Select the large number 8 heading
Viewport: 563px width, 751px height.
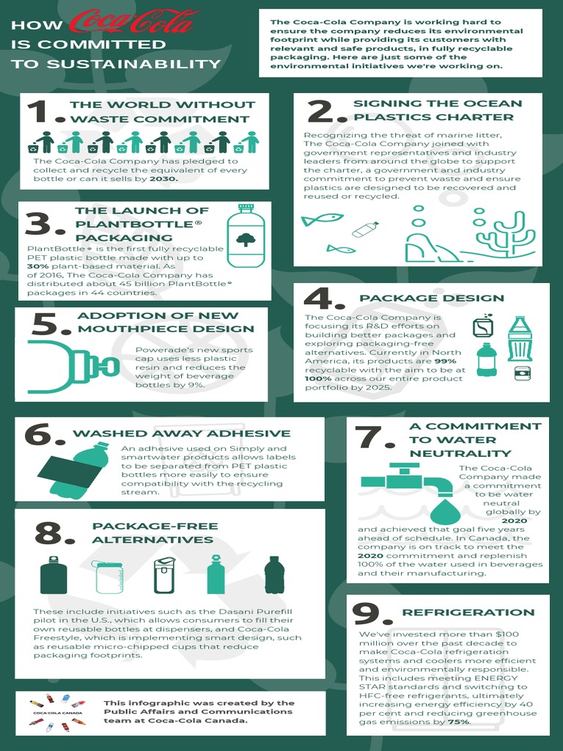pyautogui.click(x=53, y=534)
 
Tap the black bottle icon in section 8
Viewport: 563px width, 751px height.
pyautogui.click(x=274, y=575)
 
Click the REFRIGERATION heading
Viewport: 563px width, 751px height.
pyautogui.click(x=468, y=612)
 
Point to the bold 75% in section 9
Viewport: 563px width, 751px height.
pyautogui.click(x=459, y=722)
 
